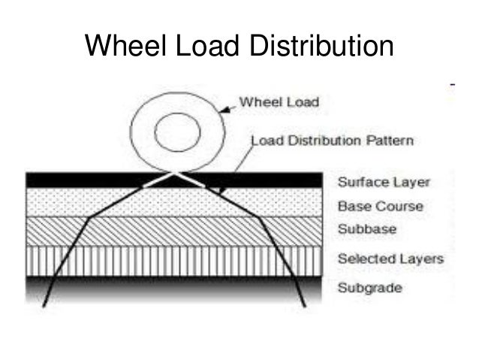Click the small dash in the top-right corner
[x=450, y=86]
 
